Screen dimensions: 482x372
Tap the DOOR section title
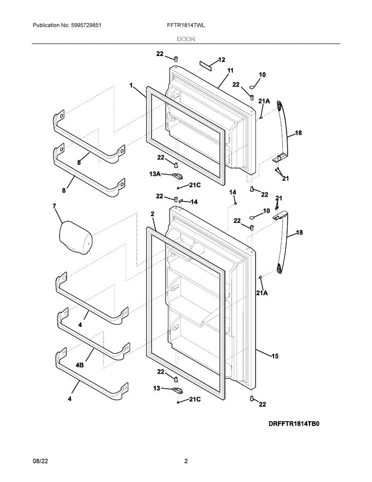click(187, 39)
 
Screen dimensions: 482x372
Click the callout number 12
click(222, 60)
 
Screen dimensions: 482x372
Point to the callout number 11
click(230, 71)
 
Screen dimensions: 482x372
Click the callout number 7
click(54, 206)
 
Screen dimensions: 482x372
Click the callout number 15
click(275, 356)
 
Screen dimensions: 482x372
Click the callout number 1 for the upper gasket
click(131, 85)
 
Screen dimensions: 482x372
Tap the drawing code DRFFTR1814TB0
click(293, 424)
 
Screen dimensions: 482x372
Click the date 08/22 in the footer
click(41, 461)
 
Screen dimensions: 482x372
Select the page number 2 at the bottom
click(186, 461)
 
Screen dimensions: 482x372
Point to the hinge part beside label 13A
click(176, 175)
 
